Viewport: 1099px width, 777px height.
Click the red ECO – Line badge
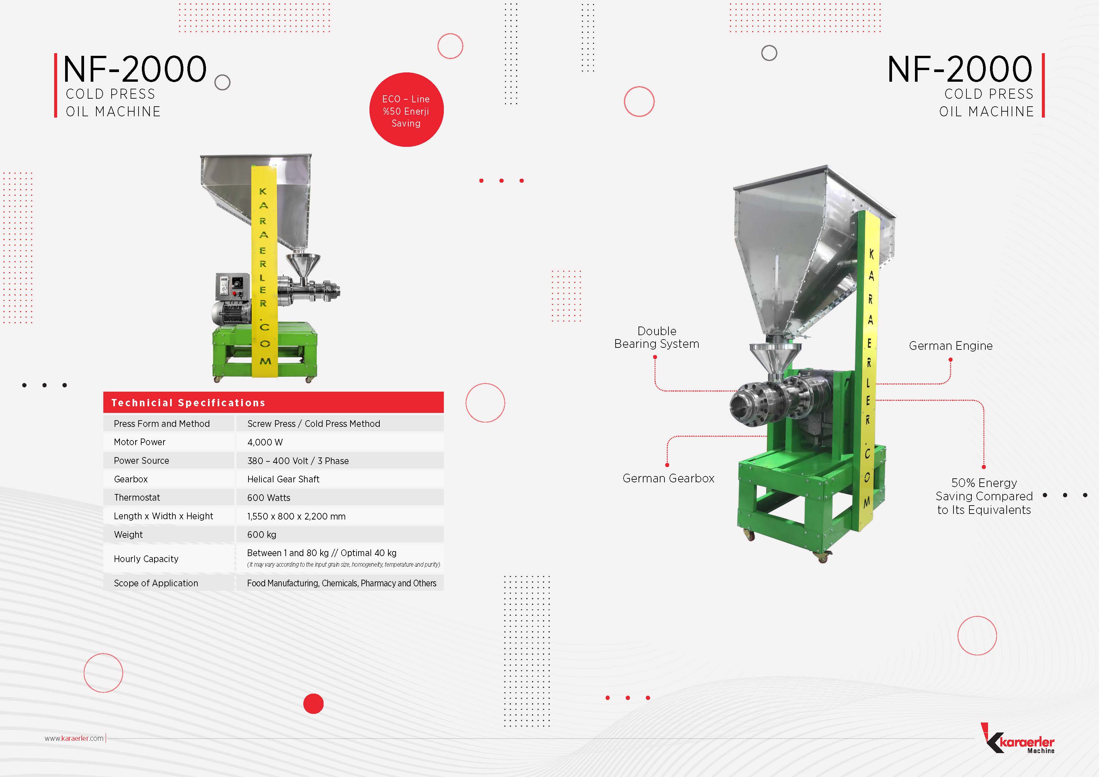pos(406,110)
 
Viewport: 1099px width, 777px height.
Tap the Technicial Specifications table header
pos(273,402)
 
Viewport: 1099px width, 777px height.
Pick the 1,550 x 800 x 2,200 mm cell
pos(296,517)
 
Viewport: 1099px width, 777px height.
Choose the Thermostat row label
pos(137,497)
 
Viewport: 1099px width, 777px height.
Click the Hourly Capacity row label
pos(146,559)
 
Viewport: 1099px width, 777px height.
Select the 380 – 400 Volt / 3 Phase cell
pos(298,460)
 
